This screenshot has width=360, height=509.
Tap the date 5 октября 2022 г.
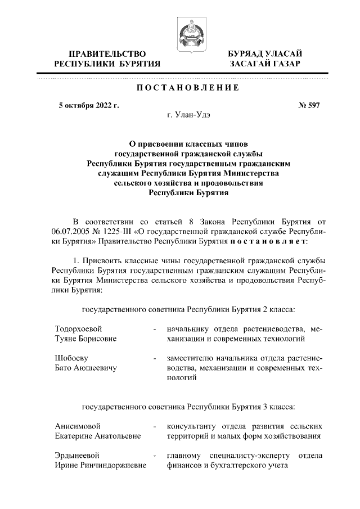89,105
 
